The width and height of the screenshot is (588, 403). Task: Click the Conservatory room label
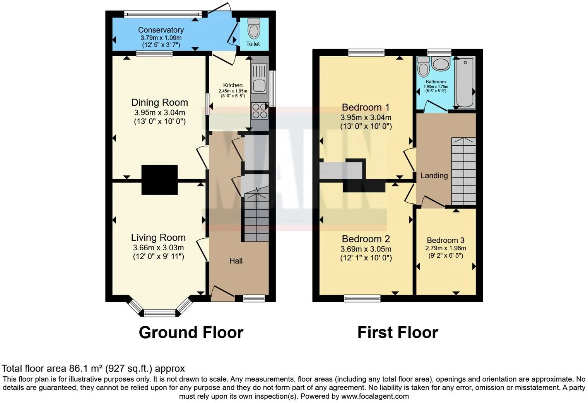pyautogui.click(x=161, y=30)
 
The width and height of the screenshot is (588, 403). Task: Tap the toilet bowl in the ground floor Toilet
pyautogui.click(x=253, y=29)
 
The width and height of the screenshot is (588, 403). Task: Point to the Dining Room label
pyautogui.click(x=159, y=103)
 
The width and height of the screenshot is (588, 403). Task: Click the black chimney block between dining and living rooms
pyautogui.click(x=159, y=180)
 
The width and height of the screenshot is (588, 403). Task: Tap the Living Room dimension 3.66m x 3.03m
pyautogui.click(x=158, y=248)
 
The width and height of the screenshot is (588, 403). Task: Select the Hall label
pyautogui.click(x=236, y=261)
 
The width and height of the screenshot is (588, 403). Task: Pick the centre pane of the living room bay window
pyautogui.click(x=159, y=313)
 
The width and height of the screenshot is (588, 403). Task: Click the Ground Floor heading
pyautogui.click(x=191, y=332)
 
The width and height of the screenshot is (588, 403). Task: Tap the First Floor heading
pyautogui.click(x=397, y=332)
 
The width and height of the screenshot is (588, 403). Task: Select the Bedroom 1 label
pyautogui.click(x=366, y=107)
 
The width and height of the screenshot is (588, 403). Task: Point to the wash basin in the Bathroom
pyautogui.click(x=441, y=64)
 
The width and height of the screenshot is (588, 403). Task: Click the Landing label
pyautogui.click(x=434, y=176)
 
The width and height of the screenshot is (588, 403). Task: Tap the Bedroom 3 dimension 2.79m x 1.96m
pyautogui.click(x=445, y=248)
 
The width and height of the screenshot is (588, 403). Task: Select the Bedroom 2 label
pyautogui.click(x=366, y=239)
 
